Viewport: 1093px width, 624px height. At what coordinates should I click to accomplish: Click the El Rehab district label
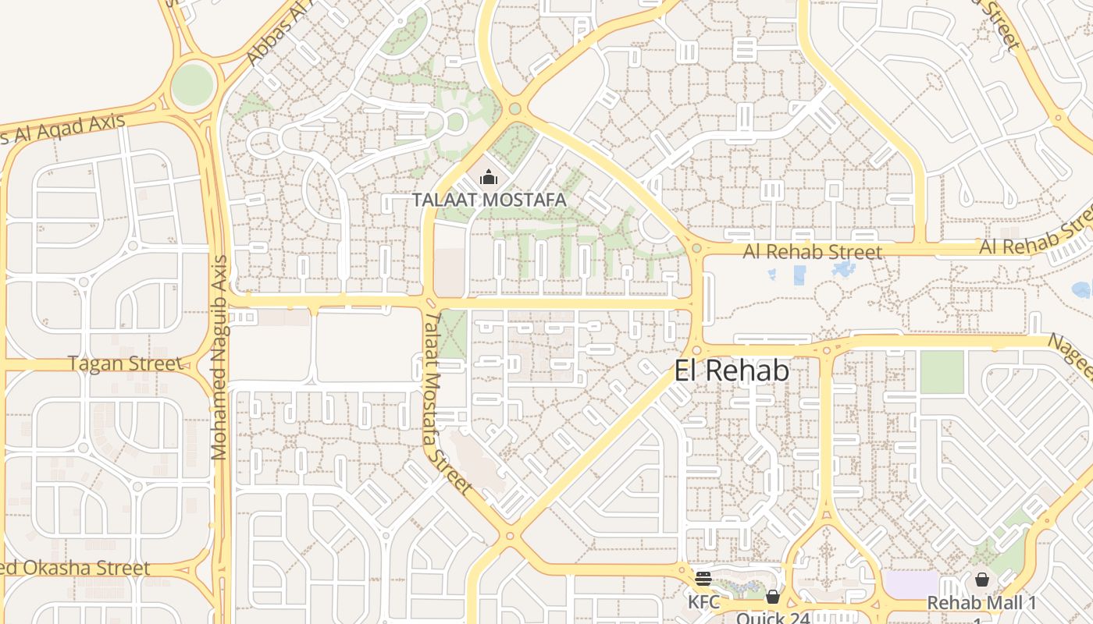(x=732, y=371)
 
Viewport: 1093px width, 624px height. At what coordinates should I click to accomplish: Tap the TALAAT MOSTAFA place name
(x=489, y=200)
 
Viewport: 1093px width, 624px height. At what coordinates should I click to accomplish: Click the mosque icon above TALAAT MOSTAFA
(x=489, y=179)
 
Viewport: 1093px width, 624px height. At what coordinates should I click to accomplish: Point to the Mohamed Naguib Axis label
(x=219, y=357)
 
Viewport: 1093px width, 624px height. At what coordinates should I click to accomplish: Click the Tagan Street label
(x=125, y=363)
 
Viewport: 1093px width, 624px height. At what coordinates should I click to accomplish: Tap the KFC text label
(x=703, y=602)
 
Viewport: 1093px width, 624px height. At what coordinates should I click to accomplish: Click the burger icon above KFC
(x=703, y=579)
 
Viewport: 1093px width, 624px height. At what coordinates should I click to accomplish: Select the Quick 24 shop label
(x=773, y=618)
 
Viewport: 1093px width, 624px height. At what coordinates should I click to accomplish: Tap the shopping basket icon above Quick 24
(x=773, y=597)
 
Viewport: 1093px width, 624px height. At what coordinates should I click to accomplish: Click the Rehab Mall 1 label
(x=981, y=603)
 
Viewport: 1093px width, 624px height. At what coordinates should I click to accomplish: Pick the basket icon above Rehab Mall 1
(x=982, y=580)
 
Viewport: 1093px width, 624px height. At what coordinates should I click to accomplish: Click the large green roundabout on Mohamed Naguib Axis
(x=192, y=84)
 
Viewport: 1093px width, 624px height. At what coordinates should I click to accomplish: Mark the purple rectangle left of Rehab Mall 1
(x=910, y=584)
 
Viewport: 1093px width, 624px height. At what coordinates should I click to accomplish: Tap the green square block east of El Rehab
(x=942, y=372)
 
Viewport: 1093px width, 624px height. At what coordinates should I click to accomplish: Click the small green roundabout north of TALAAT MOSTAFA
(x=514, y=108)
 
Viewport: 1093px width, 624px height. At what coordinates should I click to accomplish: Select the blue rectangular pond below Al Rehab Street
(x=799, y=275)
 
